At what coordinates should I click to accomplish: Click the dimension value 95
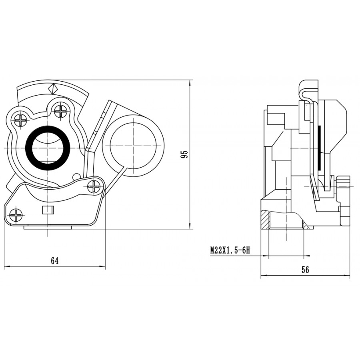click(x=184, y=154)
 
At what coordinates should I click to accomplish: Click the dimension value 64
click(x=55, y=260)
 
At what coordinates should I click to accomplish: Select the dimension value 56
click(x=305, y=270)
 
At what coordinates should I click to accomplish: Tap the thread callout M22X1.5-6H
click(x=230, y=250)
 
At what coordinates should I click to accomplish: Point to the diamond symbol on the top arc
click(x=53, y=88)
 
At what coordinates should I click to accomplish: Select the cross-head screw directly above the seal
click(x=61, y=111)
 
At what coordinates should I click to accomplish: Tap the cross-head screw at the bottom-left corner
click(x=16, y=215)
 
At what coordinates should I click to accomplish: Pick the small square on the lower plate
click(x=48, y=210)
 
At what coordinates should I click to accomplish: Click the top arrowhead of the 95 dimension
click(x=190, y=83)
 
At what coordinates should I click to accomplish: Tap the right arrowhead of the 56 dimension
click(x=347, y=275)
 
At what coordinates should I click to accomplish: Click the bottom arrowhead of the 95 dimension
click(x=190, y=226)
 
